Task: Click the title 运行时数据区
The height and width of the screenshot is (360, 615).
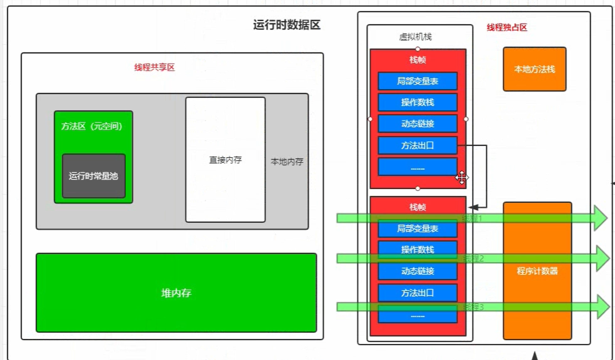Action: click(287, 25)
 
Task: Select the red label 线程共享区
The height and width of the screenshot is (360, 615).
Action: click(154, 67)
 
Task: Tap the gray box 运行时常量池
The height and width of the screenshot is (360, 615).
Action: click(94, 176)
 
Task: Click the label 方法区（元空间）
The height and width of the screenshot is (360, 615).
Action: click(92, 126)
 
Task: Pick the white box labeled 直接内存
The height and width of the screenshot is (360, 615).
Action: click(225, 160)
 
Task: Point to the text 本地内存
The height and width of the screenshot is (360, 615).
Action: click(287, 162)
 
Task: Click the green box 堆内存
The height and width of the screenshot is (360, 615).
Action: click(176, 293)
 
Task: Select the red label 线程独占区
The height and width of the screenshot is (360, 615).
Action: click(506, 27)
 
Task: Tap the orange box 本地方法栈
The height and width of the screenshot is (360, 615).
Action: click(534, 69)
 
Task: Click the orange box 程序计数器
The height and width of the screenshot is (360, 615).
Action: click(537, 271)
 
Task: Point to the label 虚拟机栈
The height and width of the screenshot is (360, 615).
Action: click(415, 37)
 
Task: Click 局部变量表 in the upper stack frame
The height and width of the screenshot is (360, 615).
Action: click(418, 81)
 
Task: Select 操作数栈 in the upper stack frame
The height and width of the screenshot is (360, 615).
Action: click(418, 102)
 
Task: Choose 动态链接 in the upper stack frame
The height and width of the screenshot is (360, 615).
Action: click(418, 123)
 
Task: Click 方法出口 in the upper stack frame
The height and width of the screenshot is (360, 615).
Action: click(418, 145)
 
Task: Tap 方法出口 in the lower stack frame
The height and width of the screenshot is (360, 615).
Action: click(418, 293)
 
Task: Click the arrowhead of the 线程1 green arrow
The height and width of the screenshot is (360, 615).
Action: click(600, 218)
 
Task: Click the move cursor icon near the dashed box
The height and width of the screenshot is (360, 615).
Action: click(461, 177)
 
